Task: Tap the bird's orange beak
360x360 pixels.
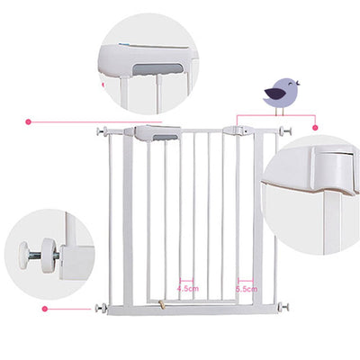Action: pos(298,84)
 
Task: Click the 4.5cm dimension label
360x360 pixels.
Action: pos(187,289)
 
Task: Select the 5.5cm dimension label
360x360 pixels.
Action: pos(246,289)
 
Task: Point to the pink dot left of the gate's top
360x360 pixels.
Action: pos(29,120)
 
